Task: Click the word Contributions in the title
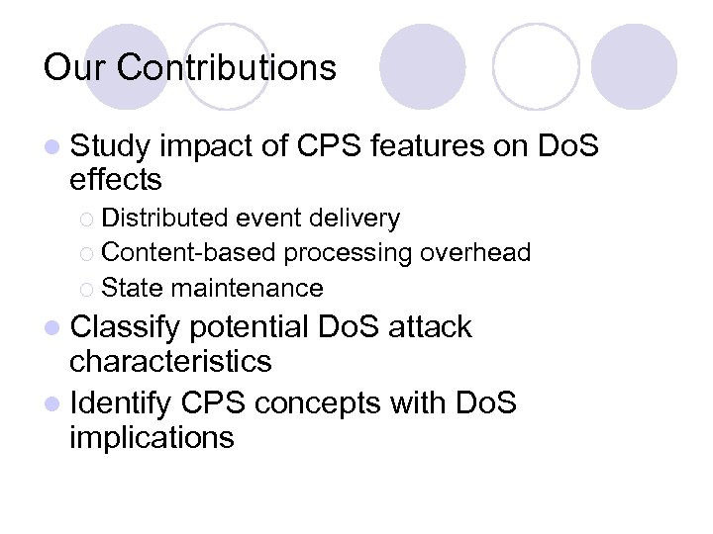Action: pyautogui.click(x=227, y=67)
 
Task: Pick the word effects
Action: pyautogui.click(x=116, y=181)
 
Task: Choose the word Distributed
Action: pyautogui.click(x=164, y=218)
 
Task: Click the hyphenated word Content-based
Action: pyautogui.click(x=189, y=253)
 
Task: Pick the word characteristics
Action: pyautogui.click(x=170, y=361)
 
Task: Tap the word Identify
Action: pyautogui.click(x=124, y=402)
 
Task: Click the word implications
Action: pyautogui.click(x=152, y=437)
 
